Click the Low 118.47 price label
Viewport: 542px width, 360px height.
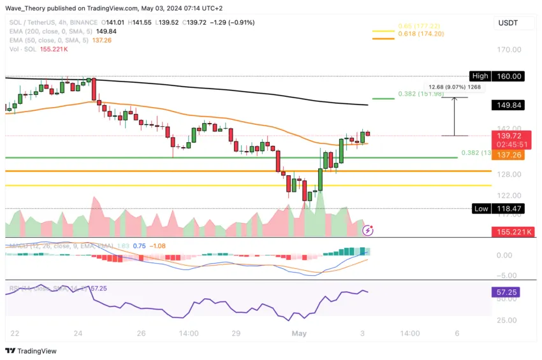pos(497,208)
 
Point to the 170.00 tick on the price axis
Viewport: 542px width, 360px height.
pos(509,49)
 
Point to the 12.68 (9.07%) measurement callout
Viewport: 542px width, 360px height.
pos(455,87)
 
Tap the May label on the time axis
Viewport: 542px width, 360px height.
pos(299,333)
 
